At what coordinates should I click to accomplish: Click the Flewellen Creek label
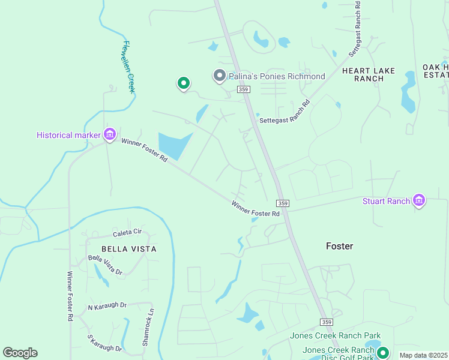coord(128,67)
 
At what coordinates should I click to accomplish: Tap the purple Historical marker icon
coord(110,134)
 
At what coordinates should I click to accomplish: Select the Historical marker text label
coord(68,135)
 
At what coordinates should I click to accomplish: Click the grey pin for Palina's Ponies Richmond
coord(220,76)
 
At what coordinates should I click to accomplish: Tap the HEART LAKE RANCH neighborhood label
coord(369,74)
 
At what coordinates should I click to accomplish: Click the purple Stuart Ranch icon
coord(420,201)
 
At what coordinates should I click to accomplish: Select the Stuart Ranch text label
coord(386,201)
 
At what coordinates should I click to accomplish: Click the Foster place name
coord(339,246)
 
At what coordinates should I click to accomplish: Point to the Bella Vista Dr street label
coord(105,265)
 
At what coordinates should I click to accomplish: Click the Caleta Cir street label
coord(127,232)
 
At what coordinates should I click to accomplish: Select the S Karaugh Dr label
coord(104,344)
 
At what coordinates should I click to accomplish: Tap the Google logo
coord(20,353)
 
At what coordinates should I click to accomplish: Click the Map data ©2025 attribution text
coord(423,355)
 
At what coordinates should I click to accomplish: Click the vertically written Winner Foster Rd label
coord(70,296)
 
